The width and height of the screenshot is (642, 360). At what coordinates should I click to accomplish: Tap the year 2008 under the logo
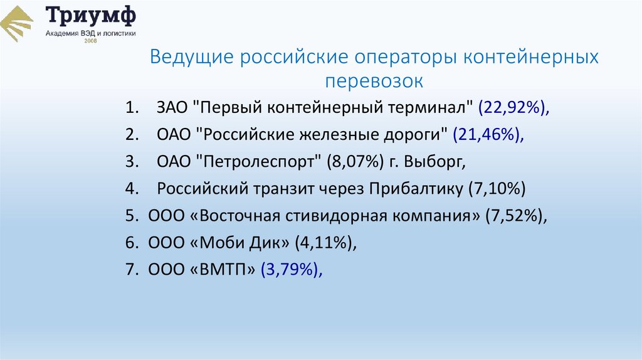click(91, 41)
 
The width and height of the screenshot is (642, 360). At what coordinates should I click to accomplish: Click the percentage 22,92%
click(513, 108)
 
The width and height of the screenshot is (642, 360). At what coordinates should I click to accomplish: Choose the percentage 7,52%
click(515, 216)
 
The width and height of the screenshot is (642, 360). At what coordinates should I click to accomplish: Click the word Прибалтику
click(416, 189)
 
